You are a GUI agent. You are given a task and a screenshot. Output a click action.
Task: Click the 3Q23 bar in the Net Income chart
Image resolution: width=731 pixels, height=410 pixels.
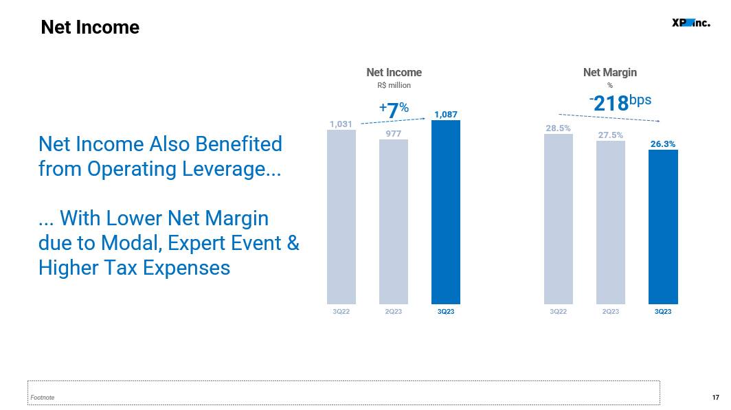(446, 212)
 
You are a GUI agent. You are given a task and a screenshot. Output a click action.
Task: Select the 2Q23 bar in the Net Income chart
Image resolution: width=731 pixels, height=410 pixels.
(394, 222)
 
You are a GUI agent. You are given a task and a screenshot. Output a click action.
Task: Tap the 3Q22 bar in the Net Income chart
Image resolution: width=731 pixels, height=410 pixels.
(341, 217)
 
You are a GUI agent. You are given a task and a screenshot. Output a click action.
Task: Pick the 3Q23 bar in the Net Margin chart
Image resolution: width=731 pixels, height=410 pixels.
(663, 227)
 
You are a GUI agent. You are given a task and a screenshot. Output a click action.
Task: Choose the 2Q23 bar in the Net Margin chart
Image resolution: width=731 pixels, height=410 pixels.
(611, 223)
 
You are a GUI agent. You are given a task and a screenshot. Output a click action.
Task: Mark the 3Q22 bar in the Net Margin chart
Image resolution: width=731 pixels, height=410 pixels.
(559, 219)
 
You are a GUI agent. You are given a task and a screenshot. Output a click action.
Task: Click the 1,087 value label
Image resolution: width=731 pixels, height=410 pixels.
(446, 114)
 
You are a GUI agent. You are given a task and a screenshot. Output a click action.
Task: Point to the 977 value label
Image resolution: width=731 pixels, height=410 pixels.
(394, 134)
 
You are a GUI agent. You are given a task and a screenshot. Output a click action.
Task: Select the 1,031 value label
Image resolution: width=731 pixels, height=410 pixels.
(341, 124)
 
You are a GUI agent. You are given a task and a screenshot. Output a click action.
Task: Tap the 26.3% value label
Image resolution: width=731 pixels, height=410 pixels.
(663, 144)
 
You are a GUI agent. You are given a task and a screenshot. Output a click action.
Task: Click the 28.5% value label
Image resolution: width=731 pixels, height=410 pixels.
(558, 128)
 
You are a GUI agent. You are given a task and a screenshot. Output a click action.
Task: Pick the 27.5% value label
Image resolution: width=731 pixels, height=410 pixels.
(610, 135)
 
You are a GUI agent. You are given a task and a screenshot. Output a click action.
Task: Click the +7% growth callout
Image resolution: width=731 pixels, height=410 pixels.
(394, 110)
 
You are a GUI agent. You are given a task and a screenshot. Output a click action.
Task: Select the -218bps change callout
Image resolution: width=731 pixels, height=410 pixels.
(620, 102)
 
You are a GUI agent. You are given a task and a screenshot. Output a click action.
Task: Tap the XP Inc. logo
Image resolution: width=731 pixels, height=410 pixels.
(691, 23)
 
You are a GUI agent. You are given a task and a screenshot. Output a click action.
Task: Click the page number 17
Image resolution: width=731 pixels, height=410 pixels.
(716, 398)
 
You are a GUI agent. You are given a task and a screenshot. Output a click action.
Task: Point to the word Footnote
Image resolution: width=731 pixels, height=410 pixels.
(43, 398)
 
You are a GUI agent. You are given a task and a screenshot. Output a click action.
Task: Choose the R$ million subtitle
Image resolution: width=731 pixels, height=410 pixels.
(394, 85)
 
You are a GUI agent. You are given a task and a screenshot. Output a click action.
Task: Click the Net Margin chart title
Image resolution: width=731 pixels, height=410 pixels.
(610, 72)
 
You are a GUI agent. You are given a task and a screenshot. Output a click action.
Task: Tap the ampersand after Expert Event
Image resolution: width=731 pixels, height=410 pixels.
(293, 243)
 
